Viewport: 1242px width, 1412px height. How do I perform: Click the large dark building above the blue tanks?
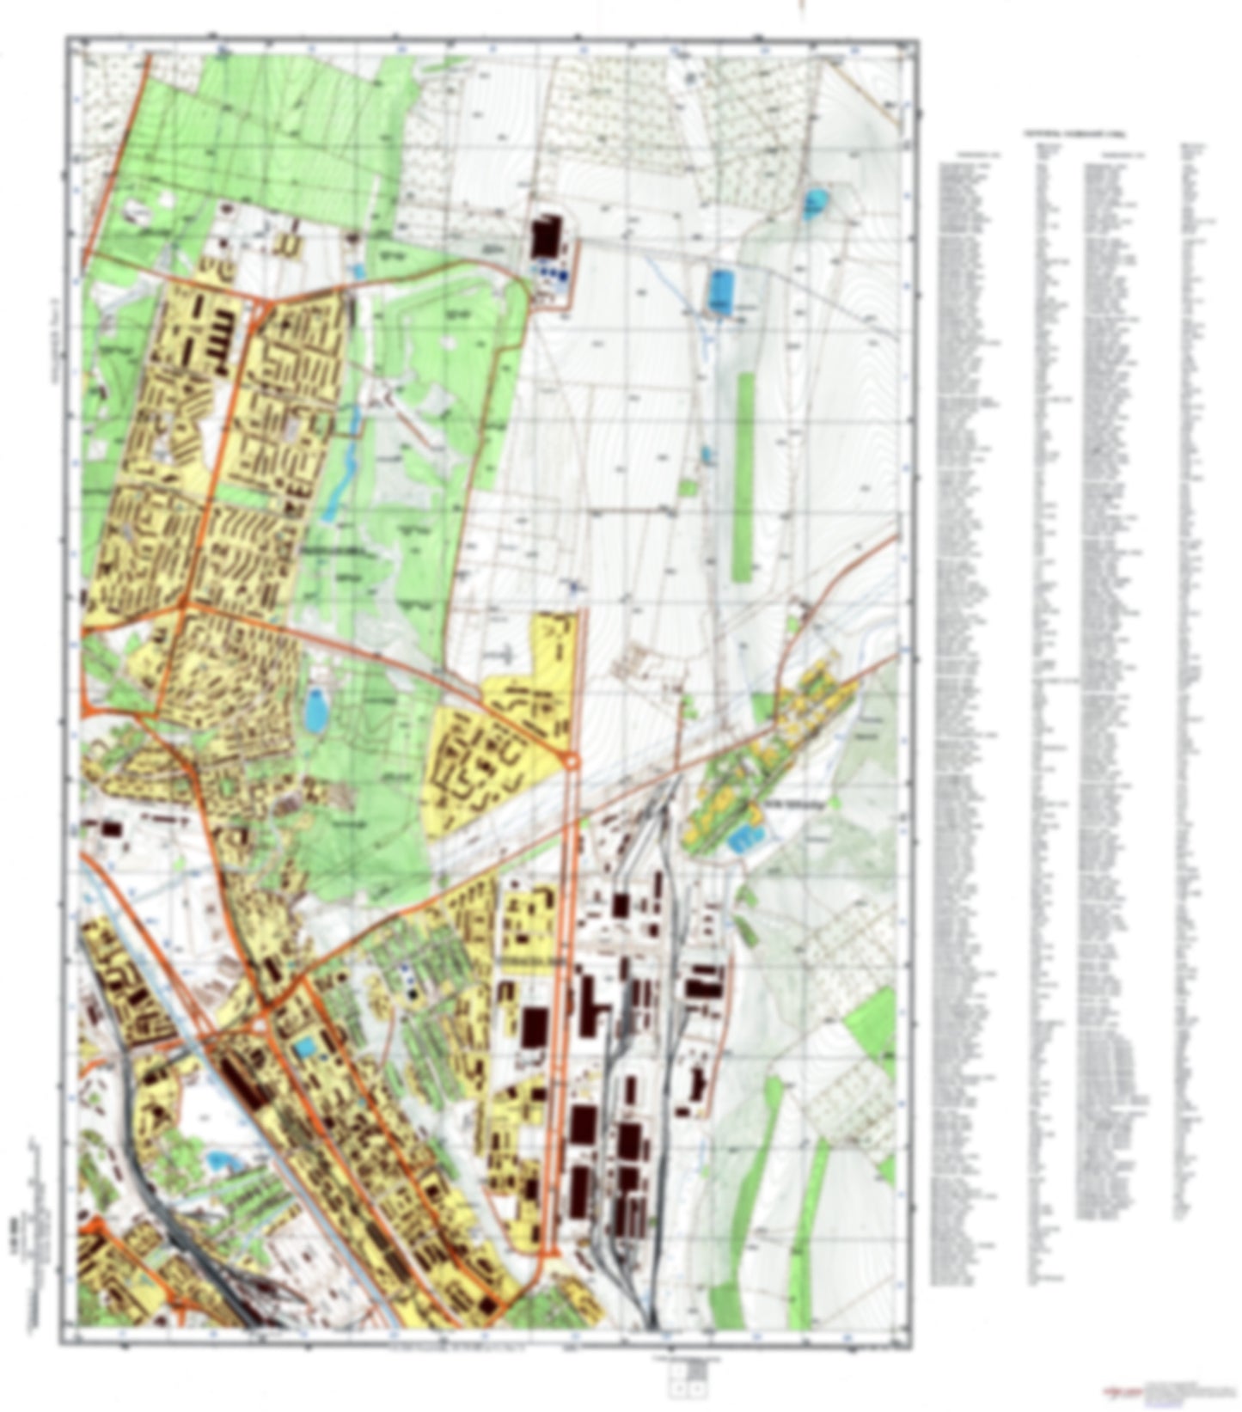coord(545,236)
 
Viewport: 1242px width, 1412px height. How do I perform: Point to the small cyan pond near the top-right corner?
coord(813,205)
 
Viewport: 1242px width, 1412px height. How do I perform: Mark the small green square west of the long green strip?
coord(688,487)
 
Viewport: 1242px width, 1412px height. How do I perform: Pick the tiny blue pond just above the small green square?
coord(707,455)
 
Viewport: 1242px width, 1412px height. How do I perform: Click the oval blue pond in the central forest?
coord(315,711)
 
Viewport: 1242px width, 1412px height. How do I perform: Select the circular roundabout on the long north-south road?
coord(571,761)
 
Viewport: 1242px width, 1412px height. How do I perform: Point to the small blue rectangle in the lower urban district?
coord(305,1048)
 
